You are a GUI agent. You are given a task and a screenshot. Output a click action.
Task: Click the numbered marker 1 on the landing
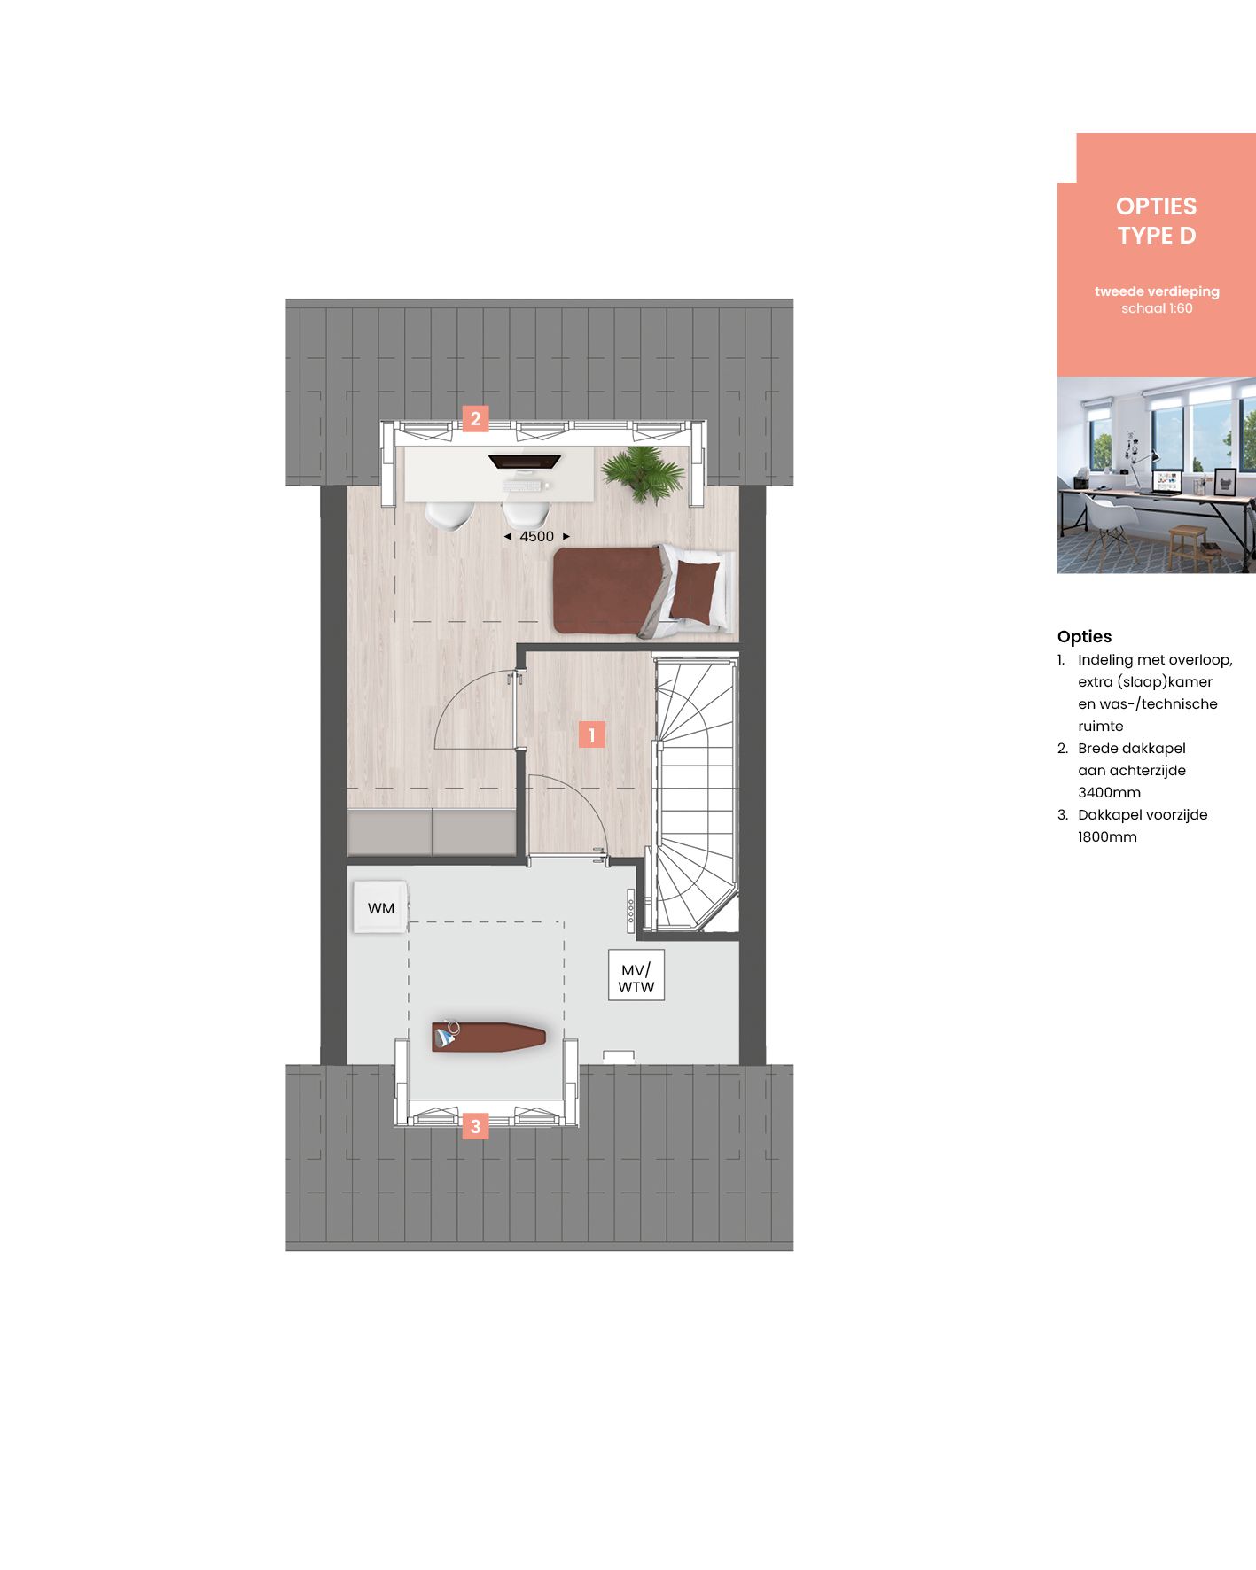click(591, 734)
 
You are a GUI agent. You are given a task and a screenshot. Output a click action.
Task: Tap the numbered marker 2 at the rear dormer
click(475, 418)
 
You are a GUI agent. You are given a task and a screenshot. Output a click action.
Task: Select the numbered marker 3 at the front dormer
click(475, 1126)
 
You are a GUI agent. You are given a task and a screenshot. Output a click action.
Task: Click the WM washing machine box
click(381, 907)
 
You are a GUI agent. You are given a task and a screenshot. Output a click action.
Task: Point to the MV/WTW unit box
click(636, 978)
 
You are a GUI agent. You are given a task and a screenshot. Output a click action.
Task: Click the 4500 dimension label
click(536, 536)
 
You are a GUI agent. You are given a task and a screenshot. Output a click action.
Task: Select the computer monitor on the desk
click(525, 462)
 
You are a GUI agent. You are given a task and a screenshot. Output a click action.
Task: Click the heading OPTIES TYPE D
click(1157, 221)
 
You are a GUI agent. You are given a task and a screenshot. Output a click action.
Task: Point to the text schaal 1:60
click(1157, 308)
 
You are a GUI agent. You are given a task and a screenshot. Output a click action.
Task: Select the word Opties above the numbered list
click(1084, 636)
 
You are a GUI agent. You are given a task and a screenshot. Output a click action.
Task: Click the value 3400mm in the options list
click(1109, 792)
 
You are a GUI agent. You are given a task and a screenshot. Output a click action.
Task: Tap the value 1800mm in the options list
click(1107, 836)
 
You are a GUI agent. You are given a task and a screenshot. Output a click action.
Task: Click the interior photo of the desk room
click(1156, 476)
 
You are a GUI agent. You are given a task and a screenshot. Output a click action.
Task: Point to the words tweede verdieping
click(1157, 291)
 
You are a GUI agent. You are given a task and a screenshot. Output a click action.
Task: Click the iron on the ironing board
click(446, 1034)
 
